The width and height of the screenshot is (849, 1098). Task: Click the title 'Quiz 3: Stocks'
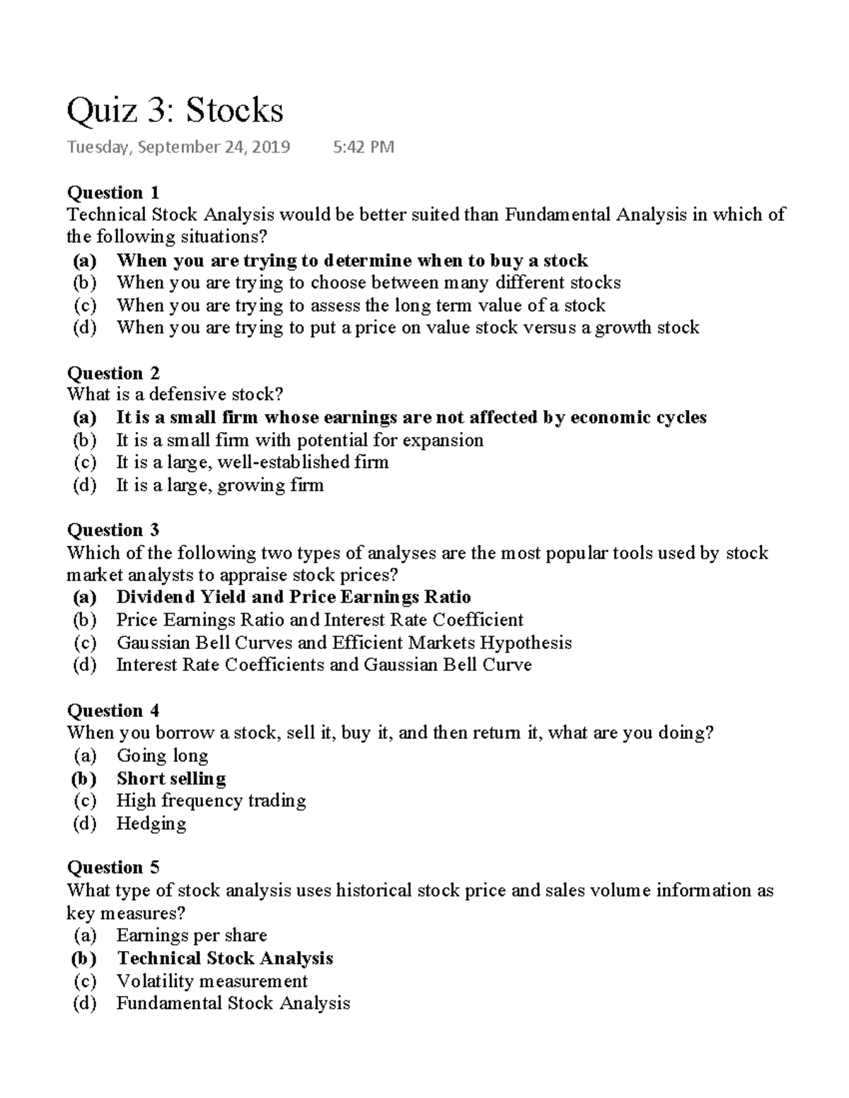pos(175,110)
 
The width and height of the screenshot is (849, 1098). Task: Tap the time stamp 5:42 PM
pos(363,147)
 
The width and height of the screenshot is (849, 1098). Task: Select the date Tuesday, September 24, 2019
pos(178,147)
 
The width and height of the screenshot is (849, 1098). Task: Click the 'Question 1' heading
pos(113,192)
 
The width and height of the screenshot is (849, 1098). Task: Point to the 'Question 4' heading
pos(113,710)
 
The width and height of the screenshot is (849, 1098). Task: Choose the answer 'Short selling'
pos(171,778)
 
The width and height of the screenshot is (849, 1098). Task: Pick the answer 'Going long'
pos(162,755)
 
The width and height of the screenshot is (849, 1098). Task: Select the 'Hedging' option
pos(151,823)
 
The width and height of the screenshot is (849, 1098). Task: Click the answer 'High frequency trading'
pos(211,800)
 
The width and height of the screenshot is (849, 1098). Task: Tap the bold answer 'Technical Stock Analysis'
pos(225,958)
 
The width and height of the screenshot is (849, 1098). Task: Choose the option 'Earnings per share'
pos(192,935)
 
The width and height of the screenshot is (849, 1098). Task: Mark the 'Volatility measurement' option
pos(212,981)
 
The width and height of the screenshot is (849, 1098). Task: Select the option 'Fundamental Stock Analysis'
pos(233,1003)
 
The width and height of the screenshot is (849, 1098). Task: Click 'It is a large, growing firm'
pos(220,485)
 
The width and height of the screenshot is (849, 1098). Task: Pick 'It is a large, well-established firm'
pos(253,462)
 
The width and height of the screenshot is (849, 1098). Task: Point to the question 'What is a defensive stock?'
pos(175,395)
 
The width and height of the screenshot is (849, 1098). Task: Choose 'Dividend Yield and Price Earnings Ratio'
pos(294,597)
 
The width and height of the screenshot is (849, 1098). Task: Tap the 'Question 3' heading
pos(113,530)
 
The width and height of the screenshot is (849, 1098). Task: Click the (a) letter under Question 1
pos(85,260)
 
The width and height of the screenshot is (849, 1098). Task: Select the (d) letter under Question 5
pos(85,1003)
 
